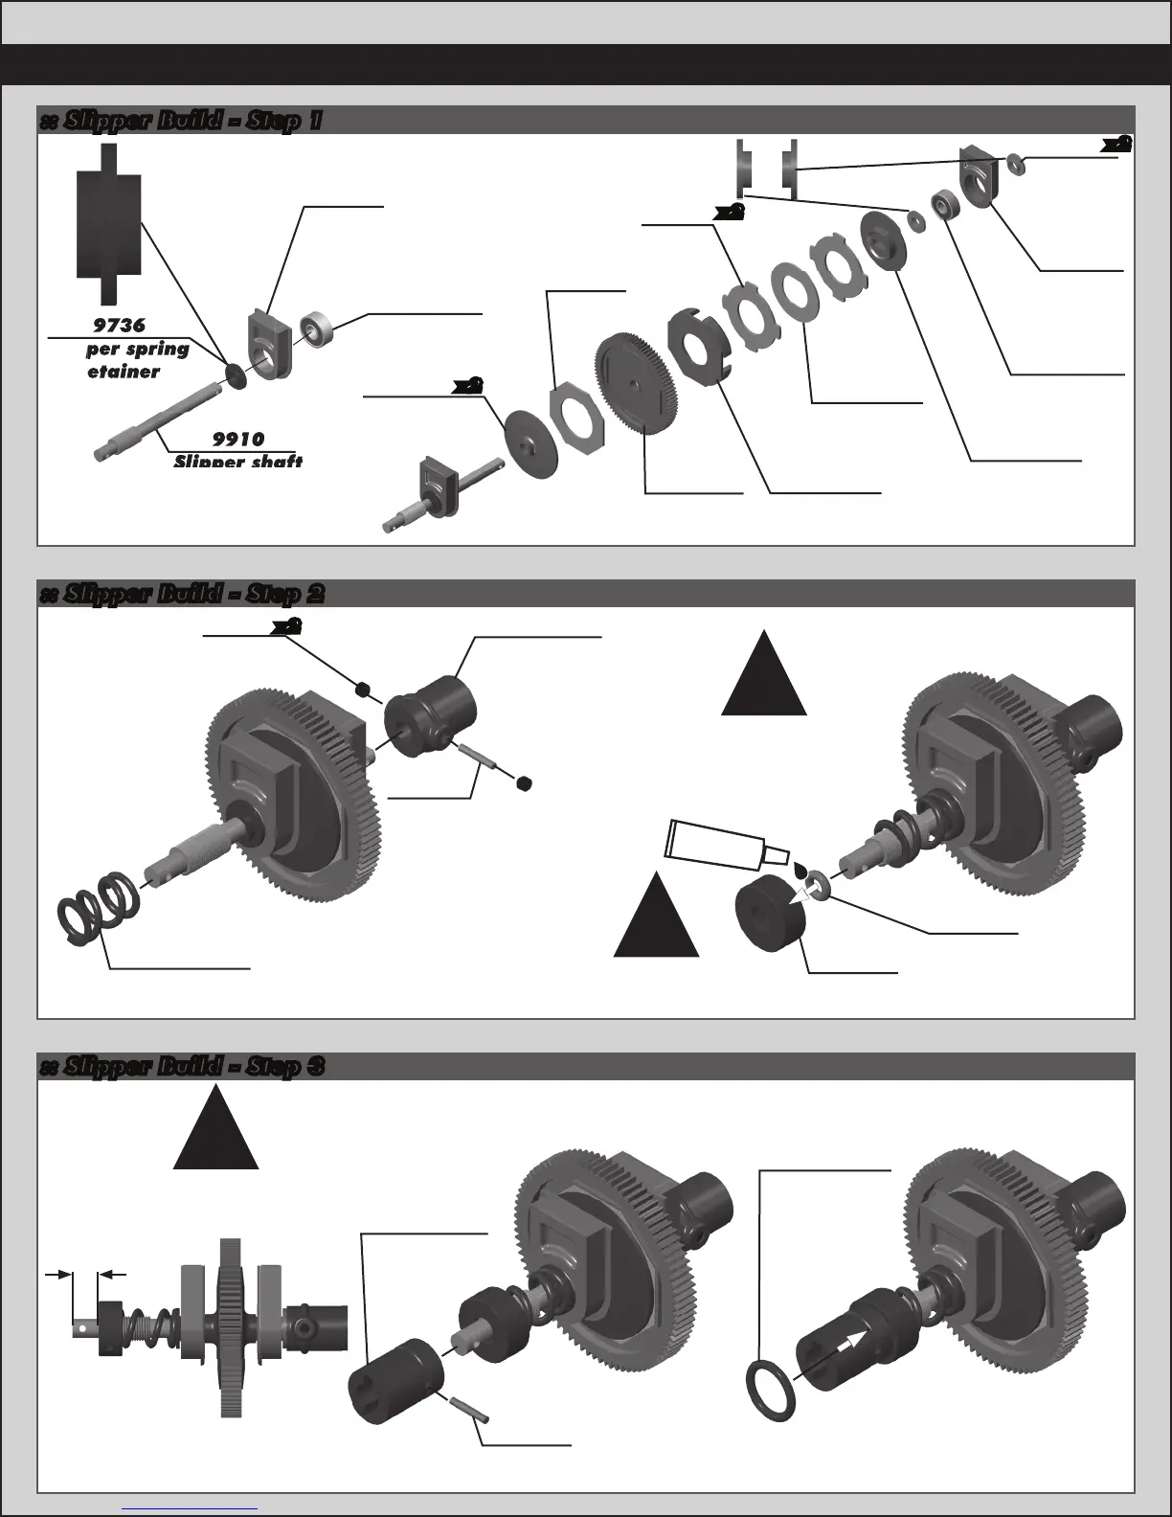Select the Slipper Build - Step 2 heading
click(x=182, y=594)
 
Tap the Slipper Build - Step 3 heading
click(x=182, y=1067)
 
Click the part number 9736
click(x=120, y=326)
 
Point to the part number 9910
click(x=238, y=440)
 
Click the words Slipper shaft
click(x=238, y=462)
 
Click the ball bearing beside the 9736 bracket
click(x=314, y=328)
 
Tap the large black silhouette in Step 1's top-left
click(x=108, y=220)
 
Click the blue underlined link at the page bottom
click(x=191, y=1507)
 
